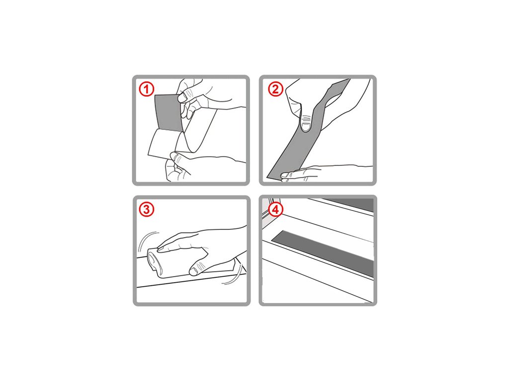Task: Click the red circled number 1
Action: point(147,89)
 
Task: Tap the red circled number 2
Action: point(275,89)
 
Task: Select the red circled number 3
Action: point(147,210)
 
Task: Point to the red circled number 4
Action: point(275,210)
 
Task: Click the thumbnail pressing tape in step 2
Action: point(306,125)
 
